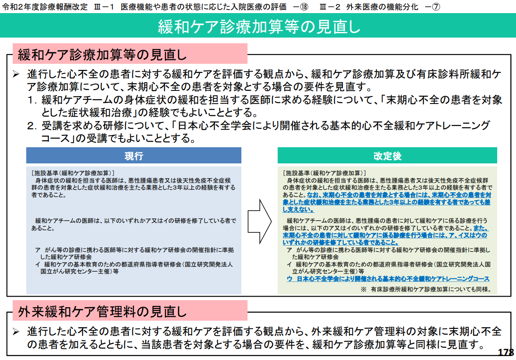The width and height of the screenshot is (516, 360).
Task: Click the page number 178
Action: [506, 352]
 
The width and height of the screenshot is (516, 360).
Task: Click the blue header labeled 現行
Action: [134, 156]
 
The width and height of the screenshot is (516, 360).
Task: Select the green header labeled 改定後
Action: [387, 156]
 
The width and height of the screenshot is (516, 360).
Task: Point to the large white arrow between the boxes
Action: [260, 221]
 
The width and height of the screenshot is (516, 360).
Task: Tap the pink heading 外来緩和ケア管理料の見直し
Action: [102, 312]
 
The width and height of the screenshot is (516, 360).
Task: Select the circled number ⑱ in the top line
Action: [304, 7]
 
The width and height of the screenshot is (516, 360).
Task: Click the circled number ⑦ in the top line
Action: [436, 7]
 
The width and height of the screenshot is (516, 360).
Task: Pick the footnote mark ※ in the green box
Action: [363, 289]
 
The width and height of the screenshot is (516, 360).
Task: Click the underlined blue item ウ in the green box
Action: [289, 279]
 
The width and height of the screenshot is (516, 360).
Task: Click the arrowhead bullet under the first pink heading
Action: [16, 74]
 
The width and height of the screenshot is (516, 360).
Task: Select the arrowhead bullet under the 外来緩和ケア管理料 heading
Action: [16, 332]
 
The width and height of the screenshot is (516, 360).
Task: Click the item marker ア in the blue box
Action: [38, 250]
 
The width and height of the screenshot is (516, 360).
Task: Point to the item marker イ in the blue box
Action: [38, 264]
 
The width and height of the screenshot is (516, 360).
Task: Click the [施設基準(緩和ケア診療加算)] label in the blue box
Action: [73, 173]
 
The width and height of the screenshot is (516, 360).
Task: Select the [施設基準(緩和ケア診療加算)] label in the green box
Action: [324, 173]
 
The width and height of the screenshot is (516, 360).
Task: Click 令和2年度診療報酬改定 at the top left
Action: [45, 7]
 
